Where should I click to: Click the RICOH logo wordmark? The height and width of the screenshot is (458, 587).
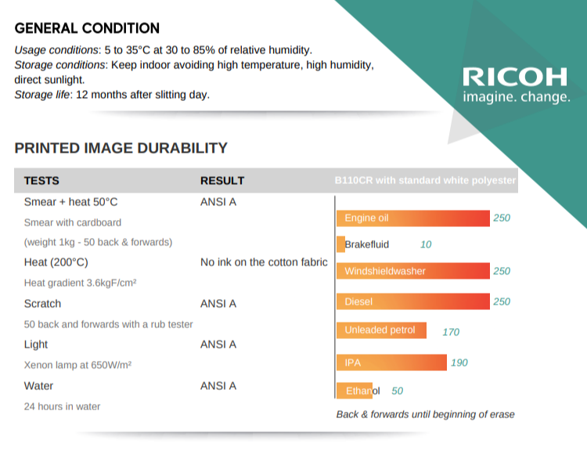click(516, 77)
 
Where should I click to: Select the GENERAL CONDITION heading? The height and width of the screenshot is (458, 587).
click(87, 29)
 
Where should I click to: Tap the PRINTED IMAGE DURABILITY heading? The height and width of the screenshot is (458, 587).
click(121, 148)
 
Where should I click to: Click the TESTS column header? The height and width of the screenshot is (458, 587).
click(41, 180)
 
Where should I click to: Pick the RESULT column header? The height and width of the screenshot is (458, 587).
click(222, 180)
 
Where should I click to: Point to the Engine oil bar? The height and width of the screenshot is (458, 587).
click(412, 218)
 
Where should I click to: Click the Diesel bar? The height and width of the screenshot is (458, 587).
click(412, 301)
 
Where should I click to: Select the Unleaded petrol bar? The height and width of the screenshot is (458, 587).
click(381, 330)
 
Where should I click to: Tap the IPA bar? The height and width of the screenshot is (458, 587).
click(391, 362)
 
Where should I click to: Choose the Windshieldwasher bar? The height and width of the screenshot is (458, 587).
click(412, 271)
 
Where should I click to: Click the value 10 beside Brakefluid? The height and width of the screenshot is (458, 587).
click(426, 244)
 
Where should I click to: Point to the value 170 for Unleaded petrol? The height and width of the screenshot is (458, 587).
click(451, 332)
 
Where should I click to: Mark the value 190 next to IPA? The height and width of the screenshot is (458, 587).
click(459, 362)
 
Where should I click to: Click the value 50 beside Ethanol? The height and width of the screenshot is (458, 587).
click(398, 391)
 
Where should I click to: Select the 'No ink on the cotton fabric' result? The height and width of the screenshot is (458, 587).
click(264, 262)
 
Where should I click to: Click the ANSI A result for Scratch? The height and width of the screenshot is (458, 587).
click(218, 304)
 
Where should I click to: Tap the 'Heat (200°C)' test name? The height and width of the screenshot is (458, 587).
click(56, 262)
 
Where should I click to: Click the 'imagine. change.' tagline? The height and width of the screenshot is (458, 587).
click(517, 98)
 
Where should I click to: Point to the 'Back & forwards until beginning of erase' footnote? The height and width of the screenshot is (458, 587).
click(425, 414)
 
